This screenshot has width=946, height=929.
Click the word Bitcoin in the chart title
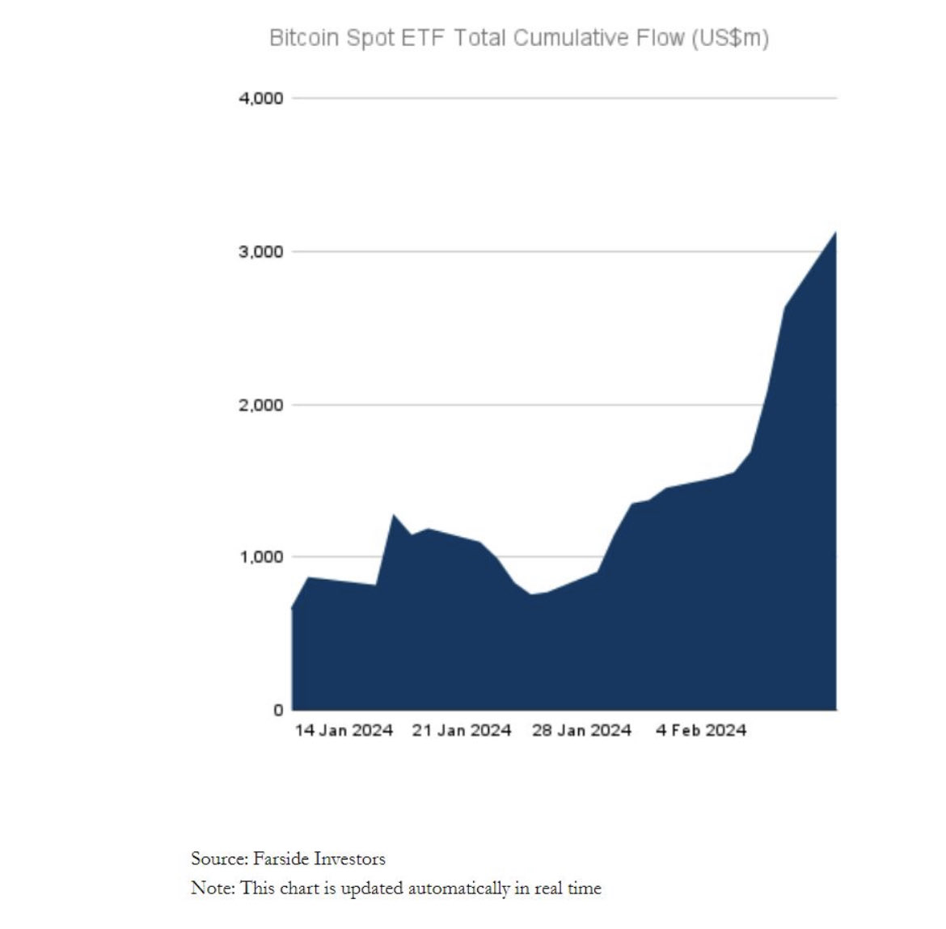point(304,38)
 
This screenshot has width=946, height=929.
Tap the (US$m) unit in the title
point(729,38)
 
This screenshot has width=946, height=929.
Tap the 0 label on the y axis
point(278,710)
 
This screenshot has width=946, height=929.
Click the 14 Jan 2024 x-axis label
point(344,731)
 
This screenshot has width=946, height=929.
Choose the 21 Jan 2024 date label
point(462,731)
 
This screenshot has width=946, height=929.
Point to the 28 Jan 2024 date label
point(581,731)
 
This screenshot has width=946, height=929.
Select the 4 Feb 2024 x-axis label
point(701,731)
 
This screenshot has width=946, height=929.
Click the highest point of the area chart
point(834,234)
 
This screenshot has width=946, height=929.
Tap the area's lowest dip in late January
point(531,595)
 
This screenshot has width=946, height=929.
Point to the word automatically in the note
point(459,889)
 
